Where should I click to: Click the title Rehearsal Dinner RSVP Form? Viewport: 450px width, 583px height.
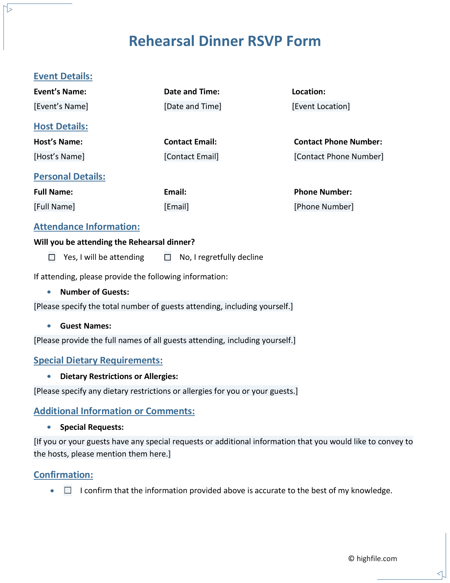pyautogui.click(x=225, y=41)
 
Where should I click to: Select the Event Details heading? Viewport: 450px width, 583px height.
pyautogui.click(x=63, y=76)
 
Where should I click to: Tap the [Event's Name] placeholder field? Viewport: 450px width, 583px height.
pyautogui.click(x=61, y=106)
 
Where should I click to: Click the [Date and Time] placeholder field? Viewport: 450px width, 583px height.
pyautogui.click(x=193, y=106)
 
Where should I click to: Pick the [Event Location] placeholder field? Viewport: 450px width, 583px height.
pyautogui.click(x=321, y=106)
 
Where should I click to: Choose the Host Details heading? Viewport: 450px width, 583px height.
pyautogui.click(x=61, y=126)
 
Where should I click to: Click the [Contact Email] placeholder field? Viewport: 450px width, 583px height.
pyautogui.click(x=191, y=156)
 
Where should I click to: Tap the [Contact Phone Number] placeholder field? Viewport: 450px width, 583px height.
pyautogui.click(x=338, y=156)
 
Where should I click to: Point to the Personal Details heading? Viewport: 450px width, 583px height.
pyautogui.click(x=70, y=177)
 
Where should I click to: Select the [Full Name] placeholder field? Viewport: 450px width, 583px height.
pyautogui.click(x=54, y=207)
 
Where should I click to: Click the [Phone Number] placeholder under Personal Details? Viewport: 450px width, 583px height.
pyautogui.click(x=324, y=207)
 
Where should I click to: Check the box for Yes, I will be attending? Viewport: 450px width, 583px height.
pyautogui.click(x=52, y=257)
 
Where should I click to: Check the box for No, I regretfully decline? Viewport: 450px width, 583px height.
pyautogui.click(x=168, y=257)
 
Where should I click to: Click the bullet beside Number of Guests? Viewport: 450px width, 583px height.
pyautogui.click(x=49, y=292)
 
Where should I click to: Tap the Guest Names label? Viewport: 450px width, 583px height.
pyautogui.click(x=85, y=326)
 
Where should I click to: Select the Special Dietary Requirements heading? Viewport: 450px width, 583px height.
pyautogui.click(x=98, y=360)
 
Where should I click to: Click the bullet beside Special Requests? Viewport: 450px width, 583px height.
pyautogui.click(x=49, y=427)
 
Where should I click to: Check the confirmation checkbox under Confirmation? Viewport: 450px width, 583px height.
pyautogui.click(x=68, y=490)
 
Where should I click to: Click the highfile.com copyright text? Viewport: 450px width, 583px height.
pyautogui.click(x=373, y=559)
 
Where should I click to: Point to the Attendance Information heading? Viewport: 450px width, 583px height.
pyautogui.click(x=87, y=227)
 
